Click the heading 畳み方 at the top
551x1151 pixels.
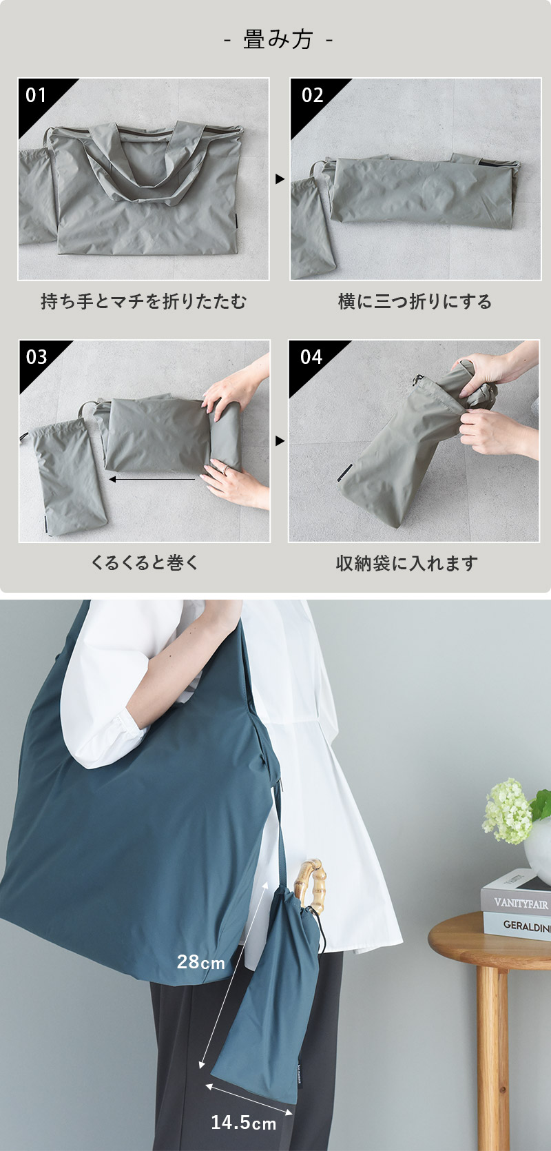coord(278,39)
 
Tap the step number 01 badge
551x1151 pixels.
coord(36,95)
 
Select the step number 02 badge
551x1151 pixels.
coord(313,95)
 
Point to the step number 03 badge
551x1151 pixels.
coord(37,357)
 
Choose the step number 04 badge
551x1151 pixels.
coord(311,357)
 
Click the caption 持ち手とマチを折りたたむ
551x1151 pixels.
coord(144,301)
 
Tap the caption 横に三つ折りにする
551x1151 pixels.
coord(415,301)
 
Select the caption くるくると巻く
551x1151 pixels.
coord(145,563)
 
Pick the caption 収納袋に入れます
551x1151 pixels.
coord(406,563)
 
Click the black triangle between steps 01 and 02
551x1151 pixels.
coord(280,179)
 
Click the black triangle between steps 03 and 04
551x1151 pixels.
coord(280,441)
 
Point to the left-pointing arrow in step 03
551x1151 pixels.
coord(152,480)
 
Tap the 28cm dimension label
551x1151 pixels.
coord(201,962)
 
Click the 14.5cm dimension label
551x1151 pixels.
coord(243,1122)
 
